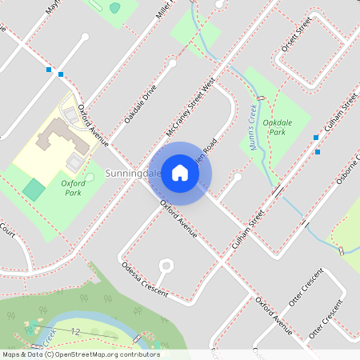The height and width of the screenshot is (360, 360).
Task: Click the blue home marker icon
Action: pyautogui.click(x=180, y=173)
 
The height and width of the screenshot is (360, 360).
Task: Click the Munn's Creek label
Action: pyautogui.click(x=255, y=129)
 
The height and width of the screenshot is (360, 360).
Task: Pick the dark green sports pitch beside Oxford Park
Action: pyautogui.click(x=34, y=190)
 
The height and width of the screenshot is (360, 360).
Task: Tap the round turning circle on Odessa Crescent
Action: pyautogui.click(x=166, y=265)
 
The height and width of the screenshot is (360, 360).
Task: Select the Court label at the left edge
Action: pyautogui.click(x=7, y=233)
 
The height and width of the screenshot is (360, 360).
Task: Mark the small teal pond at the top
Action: pyautogui.click(x=114, y=8)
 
